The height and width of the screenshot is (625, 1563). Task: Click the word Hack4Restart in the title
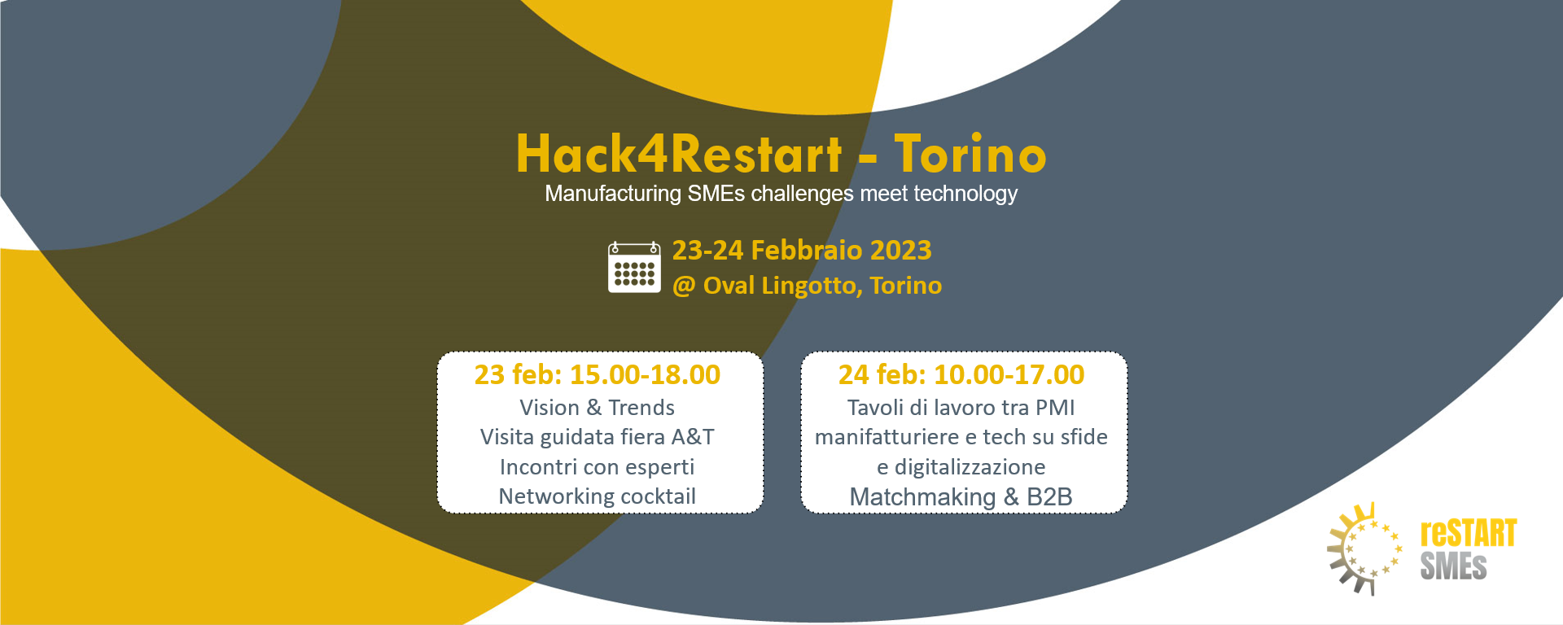pos(679,154)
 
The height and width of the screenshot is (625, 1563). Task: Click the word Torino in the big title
pos(970,154)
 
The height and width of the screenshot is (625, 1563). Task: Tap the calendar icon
pos(634,267)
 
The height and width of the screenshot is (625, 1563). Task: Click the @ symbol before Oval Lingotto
pos(684,286)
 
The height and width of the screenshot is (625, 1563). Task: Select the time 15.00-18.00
pos(645,375)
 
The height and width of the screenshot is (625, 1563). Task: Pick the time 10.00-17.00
pos(1009,375)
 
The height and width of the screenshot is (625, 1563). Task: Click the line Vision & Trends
pos(598,408)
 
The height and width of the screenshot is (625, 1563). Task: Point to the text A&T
pos(693,437)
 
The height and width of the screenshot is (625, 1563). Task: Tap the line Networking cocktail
pos(598,496)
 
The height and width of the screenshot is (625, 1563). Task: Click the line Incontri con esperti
pos(598,467)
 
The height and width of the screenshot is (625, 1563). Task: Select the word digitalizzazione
pos(970,467)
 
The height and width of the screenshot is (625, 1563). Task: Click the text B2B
pos(1049,497)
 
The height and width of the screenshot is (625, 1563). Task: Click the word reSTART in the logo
pos(1469,534)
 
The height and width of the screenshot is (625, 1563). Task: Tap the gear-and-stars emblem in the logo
pos(1364,549)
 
